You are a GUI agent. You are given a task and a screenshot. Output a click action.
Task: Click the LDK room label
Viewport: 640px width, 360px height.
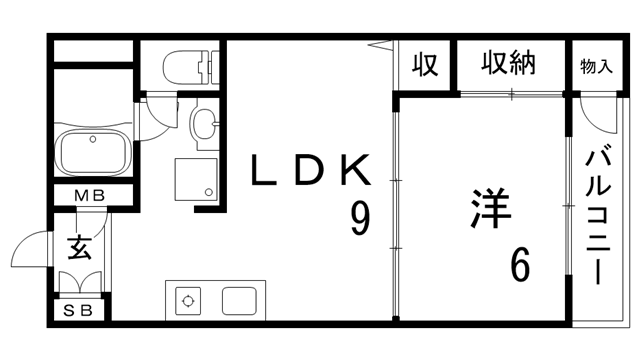(310, 171)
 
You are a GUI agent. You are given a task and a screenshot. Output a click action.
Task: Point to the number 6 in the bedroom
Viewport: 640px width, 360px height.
(520, 264)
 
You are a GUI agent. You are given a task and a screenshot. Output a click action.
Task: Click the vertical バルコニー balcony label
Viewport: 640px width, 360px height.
(599, 214)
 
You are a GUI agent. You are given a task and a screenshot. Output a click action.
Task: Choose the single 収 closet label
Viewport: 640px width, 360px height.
(425, 65)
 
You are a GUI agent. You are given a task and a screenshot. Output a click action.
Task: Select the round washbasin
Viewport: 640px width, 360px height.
(202, 125)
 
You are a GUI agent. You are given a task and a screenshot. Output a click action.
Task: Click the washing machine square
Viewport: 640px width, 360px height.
(196, 179)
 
